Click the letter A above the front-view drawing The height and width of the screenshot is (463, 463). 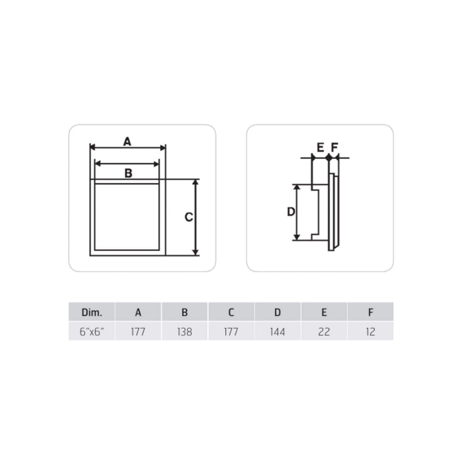click(127, 141)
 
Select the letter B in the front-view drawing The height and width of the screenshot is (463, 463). click(128, 173)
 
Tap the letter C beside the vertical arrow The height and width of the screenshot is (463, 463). click(189, 217)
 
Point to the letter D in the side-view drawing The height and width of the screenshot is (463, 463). click(291, 212)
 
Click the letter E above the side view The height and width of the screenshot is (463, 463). click(320, 147)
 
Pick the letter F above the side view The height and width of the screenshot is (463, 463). click(334, 147)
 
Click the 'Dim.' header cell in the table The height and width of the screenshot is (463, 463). click(91, 312)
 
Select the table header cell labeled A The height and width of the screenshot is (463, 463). click(138, 312)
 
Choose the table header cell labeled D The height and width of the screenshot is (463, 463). click(278, 312)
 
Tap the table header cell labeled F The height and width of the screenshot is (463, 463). click(370, 312)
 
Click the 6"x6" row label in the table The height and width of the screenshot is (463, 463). click(91, 332)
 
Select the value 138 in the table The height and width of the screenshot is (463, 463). click(184, 332)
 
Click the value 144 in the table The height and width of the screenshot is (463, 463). click(278, 332)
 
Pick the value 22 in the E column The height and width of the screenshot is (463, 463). click(324, 332)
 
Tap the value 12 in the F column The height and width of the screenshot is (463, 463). click(370, 332)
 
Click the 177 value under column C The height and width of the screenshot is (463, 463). click(231, 332)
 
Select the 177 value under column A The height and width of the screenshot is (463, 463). click(138, 332)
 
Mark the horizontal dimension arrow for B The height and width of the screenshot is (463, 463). click(127, 163)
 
